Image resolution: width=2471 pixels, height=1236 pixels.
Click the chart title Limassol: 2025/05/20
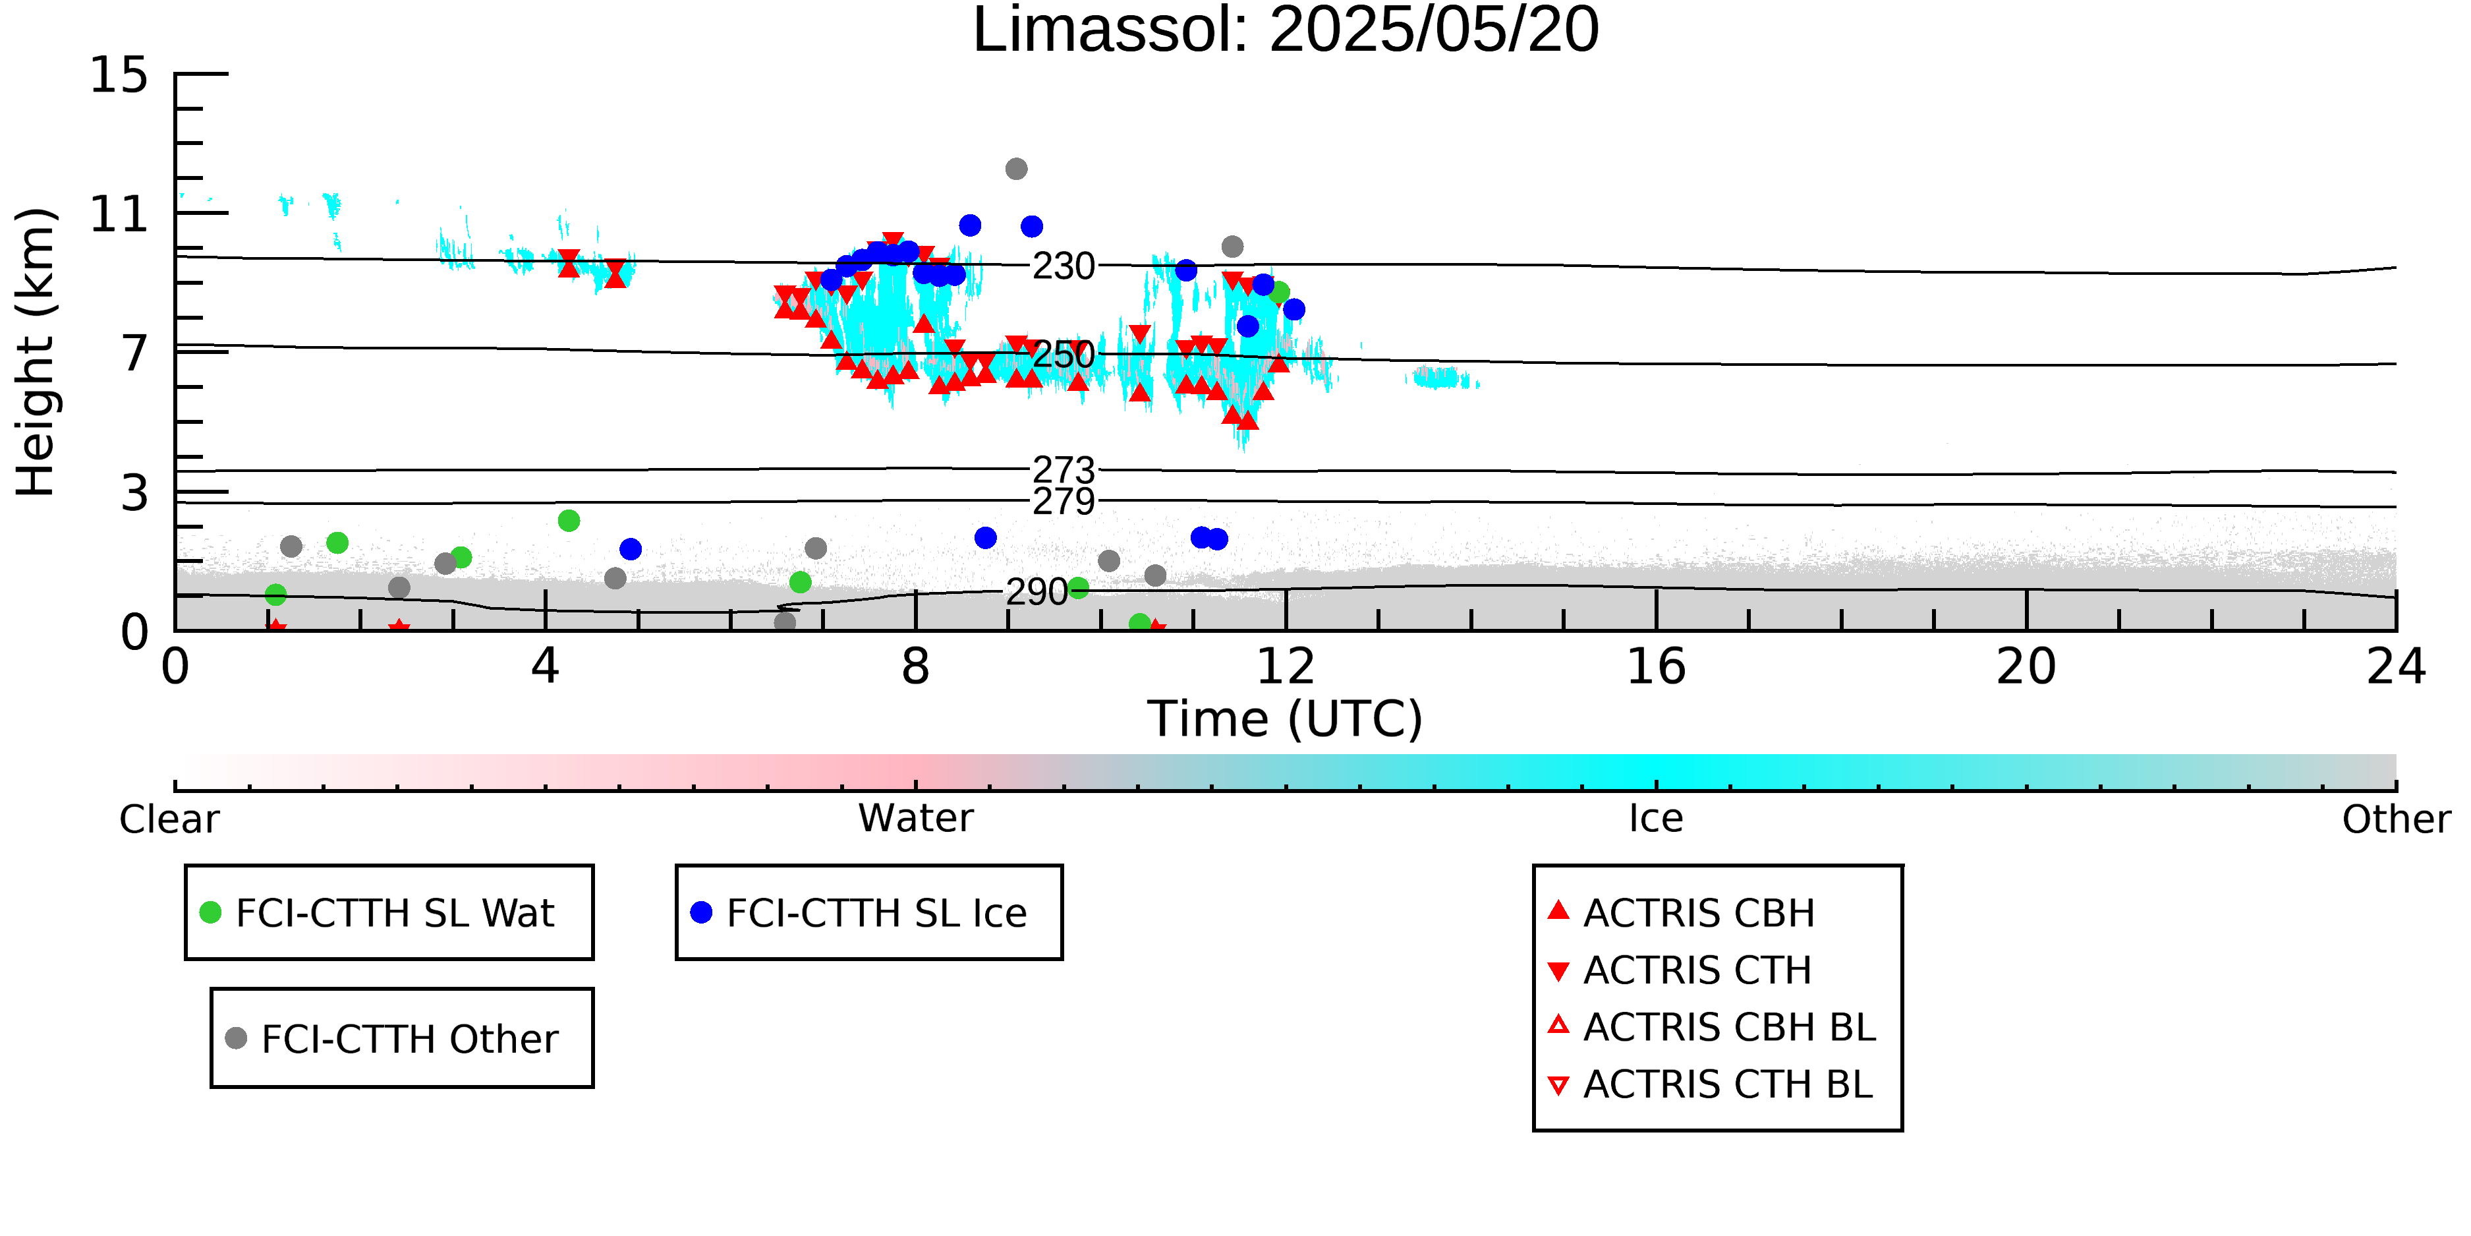1286,31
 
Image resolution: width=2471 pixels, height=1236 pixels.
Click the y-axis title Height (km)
36,352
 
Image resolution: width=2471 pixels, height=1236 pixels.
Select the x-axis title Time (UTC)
1286,719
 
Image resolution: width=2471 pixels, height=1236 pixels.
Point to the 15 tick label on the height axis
119,75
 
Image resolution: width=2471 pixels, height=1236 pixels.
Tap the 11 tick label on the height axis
119,214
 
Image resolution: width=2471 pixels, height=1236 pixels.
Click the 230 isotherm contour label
1063,266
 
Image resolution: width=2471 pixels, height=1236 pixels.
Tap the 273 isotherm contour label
1063,470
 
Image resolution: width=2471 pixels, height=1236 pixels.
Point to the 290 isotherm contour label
1036,592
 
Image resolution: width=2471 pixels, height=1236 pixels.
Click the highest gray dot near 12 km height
1016,169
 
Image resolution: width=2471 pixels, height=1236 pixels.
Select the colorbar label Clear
169,819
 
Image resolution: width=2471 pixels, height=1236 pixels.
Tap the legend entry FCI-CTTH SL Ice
859,912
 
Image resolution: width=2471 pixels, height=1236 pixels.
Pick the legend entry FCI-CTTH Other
391,1038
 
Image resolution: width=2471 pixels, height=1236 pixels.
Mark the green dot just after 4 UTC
569,521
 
